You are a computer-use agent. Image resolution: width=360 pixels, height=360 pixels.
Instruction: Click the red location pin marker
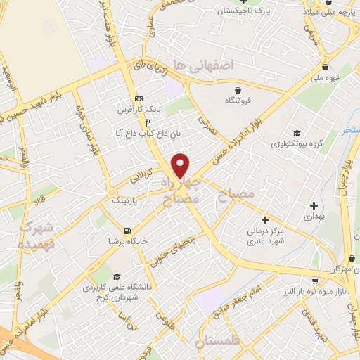coord(181,165)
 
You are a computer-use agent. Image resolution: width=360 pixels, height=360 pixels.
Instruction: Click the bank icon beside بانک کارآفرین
coord(139,98)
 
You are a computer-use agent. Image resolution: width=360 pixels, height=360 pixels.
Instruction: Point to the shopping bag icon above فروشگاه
coord(239,90)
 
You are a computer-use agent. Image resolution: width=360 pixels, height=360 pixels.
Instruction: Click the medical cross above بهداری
coord(314,205)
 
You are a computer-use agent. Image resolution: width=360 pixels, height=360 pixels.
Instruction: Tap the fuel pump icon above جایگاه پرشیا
coord(127,231)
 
